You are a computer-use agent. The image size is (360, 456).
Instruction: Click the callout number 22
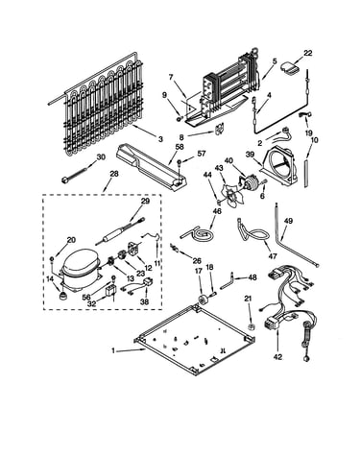click(x=307, y=53)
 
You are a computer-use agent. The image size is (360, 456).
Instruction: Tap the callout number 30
click(x=101, y=156)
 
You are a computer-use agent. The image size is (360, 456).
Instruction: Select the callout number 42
click(x=277, y=357)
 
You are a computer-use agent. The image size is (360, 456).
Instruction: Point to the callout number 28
click(x=114, y=174)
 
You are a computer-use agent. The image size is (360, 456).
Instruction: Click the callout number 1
click(x=113, y=350)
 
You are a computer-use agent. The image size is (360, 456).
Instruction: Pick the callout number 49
click(x=288, y=221)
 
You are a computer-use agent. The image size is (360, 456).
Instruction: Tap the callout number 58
click(x=180, y=147)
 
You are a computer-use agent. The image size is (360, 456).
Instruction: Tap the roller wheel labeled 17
click(x=202, y=300)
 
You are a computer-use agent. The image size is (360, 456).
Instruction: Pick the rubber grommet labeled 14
click(x=61, y=296)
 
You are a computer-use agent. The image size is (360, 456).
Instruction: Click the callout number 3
click(x=160, y=139)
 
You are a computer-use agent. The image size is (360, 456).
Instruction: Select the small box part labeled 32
click(x=111, y=293)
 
